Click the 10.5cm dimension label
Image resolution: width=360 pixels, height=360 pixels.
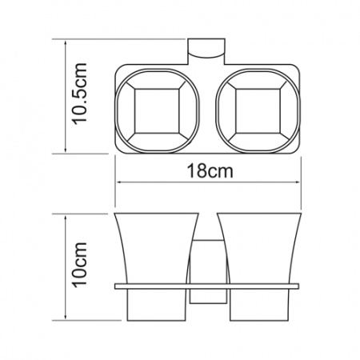[80, 94]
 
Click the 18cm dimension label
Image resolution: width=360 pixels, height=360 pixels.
[210, 171]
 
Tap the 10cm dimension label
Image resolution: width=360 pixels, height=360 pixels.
[80, 265]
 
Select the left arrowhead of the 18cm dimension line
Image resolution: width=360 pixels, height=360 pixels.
[119, 182]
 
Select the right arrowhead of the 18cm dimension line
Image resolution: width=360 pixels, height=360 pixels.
[297, 182]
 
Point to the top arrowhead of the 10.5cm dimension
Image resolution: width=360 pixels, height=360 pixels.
[66, 44]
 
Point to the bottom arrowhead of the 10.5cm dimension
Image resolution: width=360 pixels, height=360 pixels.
[66, 149]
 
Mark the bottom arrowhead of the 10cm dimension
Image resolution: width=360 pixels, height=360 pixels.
[66, 316]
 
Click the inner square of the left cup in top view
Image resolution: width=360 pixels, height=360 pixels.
[157, 111]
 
